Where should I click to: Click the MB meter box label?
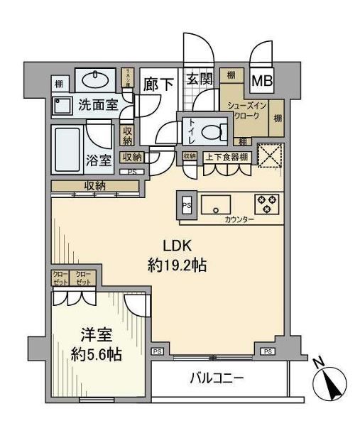coord(263,81)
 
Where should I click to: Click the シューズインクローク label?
coord(243,111)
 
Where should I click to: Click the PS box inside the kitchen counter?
coord(186,205)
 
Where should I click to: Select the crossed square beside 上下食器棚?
coord(270,155)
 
